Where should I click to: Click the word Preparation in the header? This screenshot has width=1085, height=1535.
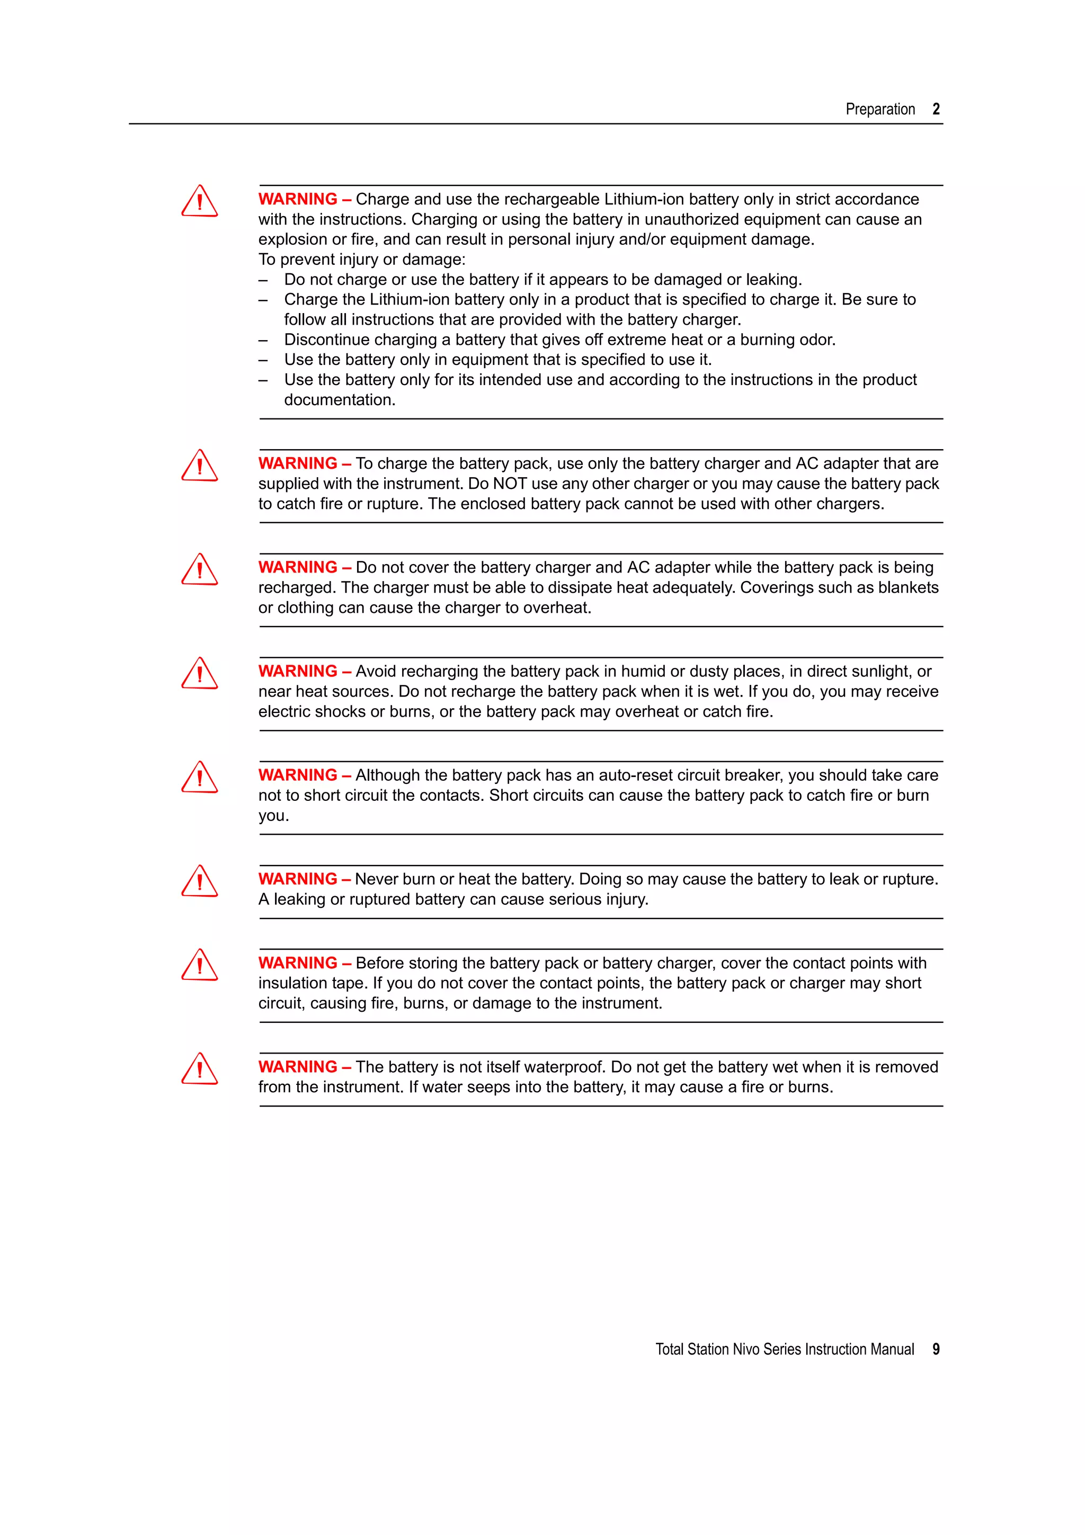point(880,109)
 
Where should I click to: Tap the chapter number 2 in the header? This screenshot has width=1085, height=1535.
point(936,109)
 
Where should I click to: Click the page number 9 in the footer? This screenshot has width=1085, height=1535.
point(936,1349)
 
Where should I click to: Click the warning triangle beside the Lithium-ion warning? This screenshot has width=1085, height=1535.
point(199,201)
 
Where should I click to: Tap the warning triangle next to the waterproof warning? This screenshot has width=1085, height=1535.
point(199,1069)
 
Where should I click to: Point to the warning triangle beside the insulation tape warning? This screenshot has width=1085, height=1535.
point(199,966)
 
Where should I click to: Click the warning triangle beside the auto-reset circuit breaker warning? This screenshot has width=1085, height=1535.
point(199,778)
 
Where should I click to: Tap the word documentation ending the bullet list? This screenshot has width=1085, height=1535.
point(339,400)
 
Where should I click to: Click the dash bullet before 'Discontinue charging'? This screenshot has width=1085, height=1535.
point(263,340)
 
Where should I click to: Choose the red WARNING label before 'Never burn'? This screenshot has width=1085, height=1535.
point(298,879)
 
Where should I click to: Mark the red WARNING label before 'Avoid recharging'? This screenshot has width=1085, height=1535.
point(298,671)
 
